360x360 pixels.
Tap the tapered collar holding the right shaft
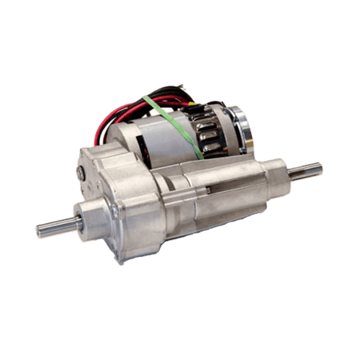pos(277,176)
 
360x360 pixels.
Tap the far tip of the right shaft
pos(321,169)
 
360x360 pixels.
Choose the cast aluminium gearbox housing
pos(119,194)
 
